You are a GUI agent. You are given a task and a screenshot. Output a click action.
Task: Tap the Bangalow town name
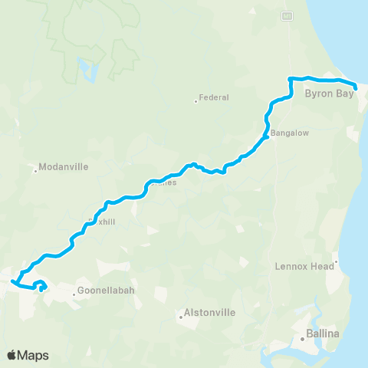tap(290, 133)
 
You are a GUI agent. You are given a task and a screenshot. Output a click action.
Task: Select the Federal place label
tap(214, 97)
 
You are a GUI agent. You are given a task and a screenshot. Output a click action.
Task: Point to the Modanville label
tap(64, 166)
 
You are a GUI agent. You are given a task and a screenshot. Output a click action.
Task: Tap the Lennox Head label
tap(304, 266)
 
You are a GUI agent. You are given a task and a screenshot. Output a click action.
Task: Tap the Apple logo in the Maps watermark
tap(13, 355)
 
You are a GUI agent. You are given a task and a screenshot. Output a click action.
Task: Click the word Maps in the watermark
tap(34, 355)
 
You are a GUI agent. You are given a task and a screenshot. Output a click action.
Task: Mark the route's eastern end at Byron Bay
tap(356, 87)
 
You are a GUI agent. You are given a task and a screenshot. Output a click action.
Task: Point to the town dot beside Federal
tap(195, 100)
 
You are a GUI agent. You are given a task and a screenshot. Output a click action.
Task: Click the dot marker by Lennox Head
tap(335, 262)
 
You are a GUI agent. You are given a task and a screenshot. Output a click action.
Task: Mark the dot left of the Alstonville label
tap(181, 316)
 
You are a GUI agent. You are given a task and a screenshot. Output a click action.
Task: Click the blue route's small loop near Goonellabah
tap(41, 287)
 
